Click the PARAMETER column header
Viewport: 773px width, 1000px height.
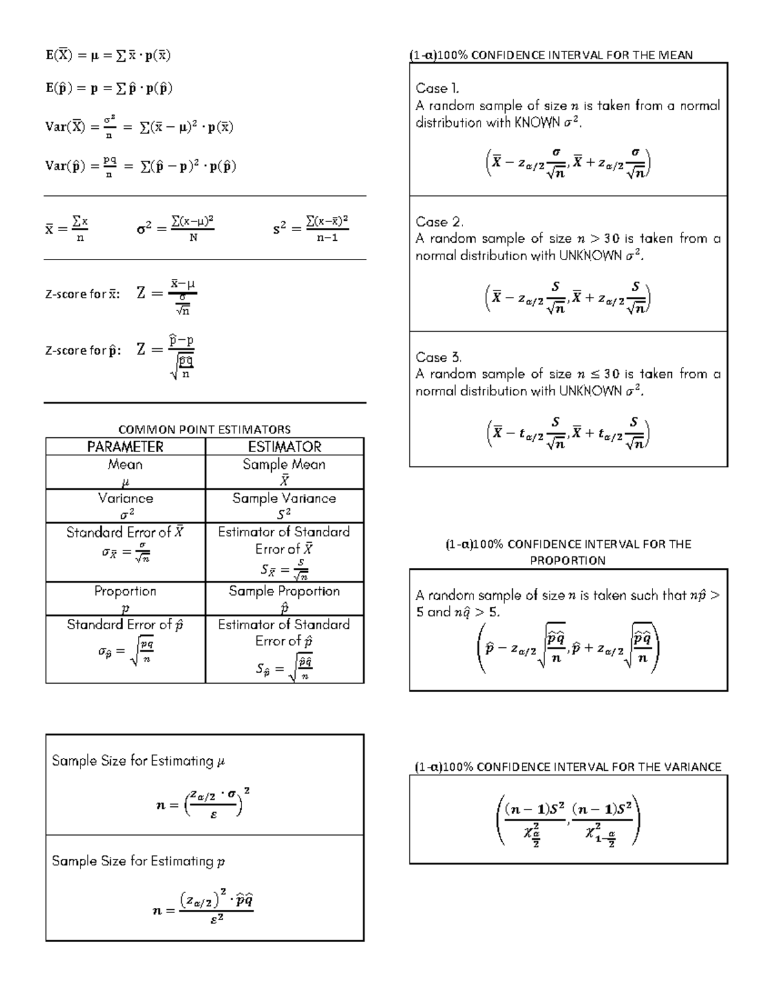point(125,447)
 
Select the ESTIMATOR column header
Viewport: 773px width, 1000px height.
point(284,447)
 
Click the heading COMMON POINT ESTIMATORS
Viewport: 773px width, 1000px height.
point(204,429)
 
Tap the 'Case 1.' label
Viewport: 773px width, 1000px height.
point(437,88)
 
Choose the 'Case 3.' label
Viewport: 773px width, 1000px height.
point(439,357)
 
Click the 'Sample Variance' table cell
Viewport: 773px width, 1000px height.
point(284,498)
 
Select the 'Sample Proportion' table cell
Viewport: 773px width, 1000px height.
point(284,591)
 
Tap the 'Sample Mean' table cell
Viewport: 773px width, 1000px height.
point(284,464)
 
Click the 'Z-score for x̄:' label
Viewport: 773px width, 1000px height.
point(82,294)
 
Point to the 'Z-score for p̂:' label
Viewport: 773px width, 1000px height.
point(82,351)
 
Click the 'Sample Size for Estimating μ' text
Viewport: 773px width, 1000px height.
point(138,761)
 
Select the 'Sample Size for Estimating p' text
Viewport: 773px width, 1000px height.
point(138,862)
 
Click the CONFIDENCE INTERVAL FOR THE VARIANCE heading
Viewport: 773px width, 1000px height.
point(568,767)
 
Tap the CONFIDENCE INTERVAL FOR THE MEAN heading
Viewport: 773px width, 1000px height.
point(551,55)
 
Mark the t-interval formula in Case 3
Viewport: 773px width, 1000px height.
point(568,433)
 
